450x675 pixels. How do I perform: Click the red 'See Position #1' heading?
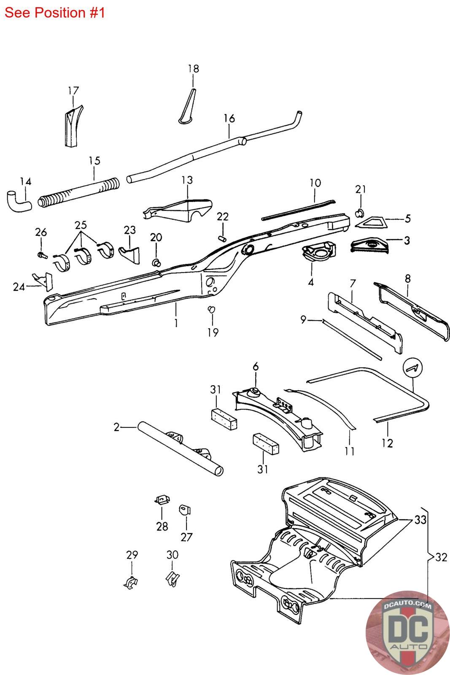point(54,13)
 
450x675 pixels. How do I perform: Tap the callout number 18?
point(194,69)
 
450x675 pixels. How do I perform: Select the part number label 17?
point(73,90)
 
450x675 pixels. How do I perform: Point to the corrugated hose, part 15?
point(79,192)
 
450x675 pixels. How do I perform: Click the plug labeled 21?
point(360,213)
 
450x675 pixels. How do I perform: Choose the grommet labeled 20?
point(156,262)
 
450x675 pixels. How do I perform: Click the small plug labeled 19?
point(212,309)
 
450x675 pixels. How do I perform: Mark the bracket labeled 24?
point(43,281)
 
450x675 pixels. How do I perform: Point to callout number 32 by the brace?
point(441,557)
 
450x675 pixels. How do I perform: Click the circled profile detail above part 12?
point(412,367)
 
